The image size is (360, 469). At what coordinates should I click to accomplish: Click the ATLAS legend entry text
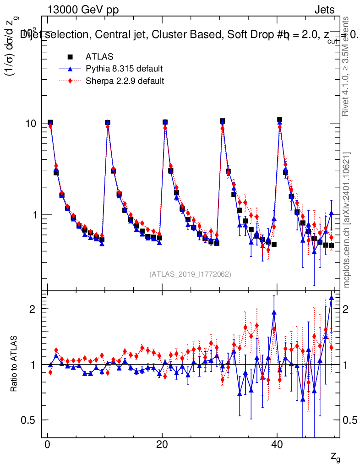99,57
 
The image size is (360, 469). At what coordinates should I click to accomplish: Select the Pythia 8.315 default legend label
124,69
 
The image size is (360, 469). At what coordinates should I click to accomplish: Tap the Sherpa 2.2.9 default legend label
125,82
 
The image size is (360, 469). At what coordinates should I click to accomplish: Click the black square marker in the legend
70,57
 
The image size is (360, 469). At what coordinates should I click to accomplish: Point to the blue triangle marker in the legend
70,69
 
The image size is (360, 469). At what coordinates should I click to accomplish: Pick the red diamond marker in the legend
70,82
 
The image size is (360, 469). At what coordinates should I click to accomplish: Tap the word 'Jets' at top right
324,10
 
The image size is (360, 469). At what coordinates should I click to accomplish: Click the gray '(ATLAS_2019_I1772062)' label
190,274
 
